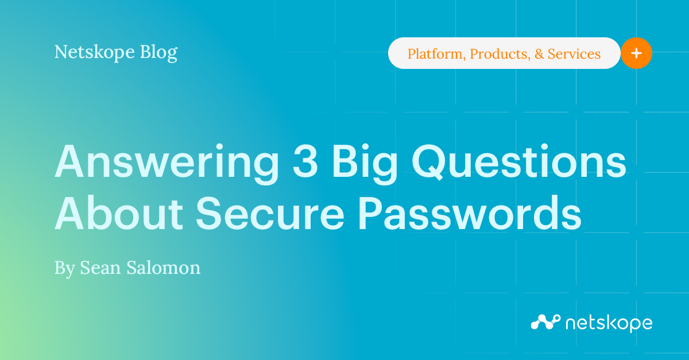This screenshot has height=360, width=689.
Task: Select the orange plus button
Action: [x=636, y=53]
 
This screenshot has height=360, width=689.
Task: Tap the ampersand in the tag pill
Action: [x=539, y=54]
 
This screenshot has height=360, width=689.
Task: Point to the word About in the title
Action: [x=119, y=215]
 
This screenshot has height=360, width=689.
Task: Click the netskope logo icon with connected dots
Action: [x=544, y=322]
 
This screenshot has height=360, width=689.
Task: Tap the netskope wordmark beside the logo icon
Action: [x=609, y=323]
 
